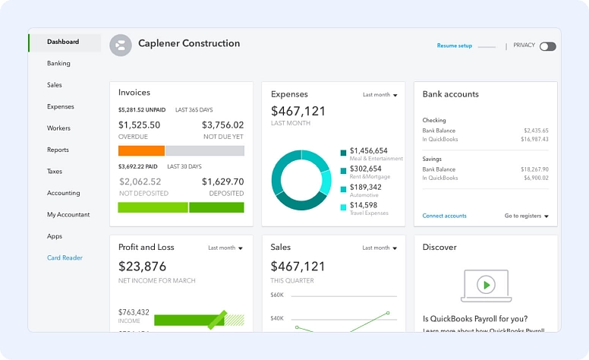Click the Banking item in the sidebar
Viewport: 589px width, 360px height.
[58, 64]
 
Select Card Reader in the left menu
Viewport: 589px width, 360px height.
[65, 258]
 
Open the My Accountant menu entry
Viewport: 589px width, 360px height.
[68, 215]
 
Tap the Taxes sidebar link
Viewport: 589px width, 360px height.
[55, 172]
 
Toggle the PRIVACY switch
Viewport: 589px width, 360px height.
[547, 46]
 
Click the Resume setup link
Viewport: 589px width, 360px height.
[454, 46]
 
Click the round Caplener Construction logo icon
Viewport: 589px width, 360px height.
[121, 45]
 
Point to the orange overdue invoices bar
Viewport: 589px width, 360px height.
[141, 150]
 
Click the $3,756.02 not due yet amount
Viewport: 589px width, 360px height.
[222, 125]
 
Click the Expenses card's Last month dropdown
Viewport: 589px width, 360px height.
[380, 95]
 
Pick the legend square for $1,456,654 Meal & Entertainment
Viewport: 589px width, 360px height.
[344, 153]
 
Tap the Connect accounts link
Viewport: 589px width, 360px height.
[444, 216]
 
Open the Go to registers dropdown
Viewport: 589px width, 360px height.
[526, 216]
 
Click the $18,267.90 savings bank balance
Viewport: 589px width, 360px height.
[534, 169]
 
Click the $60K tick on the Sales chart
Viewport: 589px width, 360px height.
[277, 295]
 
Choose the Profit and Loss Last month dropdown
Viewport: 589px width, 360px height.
[225, 248]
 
